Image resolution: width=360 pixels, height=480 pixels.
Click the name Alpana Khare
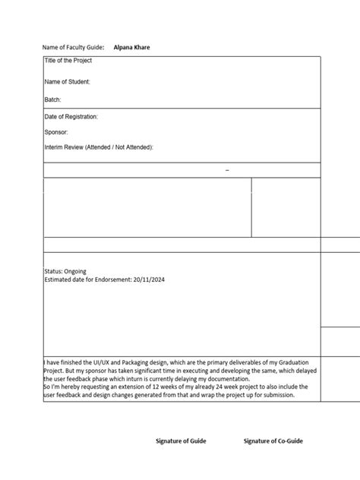(x=131, y=47)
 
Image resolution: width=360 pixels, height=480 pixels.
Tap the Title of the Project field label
(x=68, y=61)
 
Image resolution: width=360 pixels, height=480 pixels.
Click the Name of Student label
(x=68, y=81)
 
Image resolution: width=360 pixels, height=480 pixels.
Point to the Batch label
(x=52, y=99)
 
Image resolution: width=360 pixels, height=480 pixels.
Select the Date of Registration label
(x=71, y=117)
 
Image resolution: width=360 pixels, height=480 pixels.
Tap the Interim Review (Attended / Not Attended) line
(x=99, y=147)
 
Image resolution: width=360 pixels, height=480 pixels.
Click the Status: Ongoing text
(x=65, y=270)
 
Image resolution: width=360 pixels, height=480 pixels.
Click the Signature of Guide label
(x=181, y=441)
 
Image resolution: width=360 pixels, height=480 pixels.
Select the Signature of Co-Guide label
(x=272, y=441)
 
